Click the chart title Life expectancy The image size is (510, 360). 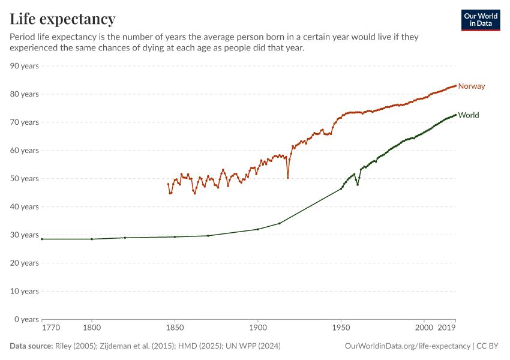(62, 19)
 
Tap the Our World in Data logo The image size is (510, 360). (480, 20)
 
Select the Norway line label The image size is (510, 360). (471, 86)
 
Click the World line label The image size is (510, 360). (468, 115)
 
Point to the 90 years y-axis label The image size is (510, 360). (25, 66)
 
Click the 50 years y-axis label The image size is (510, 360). (25, 179)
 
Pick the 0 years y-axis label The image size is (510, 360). (26, 319)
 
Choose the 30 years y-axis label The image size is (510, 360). (25, 235)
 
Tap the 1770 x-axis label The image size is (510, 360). (50, 328)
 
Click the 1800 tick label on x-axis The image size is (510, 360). (92, 328)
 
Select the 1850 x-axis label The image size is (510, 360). (175, 328)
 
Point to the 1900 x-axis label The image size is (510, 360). (258, 328)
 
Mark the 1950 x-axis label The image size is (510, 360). (341, 328)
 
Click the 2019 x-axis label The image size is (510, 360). (446, 328)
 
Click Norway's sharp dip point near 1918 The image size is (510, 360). (288, 178)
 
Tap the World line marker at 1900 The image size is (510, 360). (258, 229)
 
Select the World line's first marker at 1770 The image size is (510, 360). (42, 239)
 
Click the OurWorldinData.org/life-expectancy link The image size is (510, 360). (408, 346)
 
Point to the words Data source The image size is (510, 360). (31, 346)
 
